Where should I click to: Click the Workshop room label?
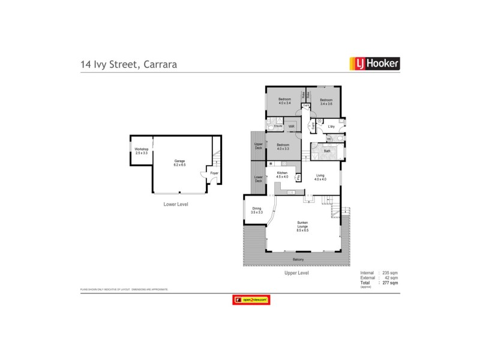142,149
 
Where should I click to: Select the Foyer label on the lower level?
214,173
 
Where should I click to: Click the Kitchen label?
282,173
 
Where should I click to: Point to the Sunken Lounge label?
302,225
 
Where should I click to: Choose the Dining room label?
257,209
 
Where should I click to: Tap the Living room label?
320,175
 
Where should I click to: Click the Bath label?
327,151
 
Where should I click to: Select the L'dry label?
331,127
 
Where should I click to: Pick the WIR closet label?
291,127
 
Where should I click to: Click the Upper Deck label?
258,146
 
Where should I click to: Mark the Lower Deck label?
258,179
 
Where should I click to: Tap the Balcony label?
298,259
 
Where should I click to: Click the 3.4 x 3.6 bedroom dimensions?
326,104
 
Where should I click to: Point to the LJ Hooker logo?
374,64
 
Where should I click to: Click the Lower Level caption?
176,204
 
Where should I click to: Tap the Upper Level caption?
296,272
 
